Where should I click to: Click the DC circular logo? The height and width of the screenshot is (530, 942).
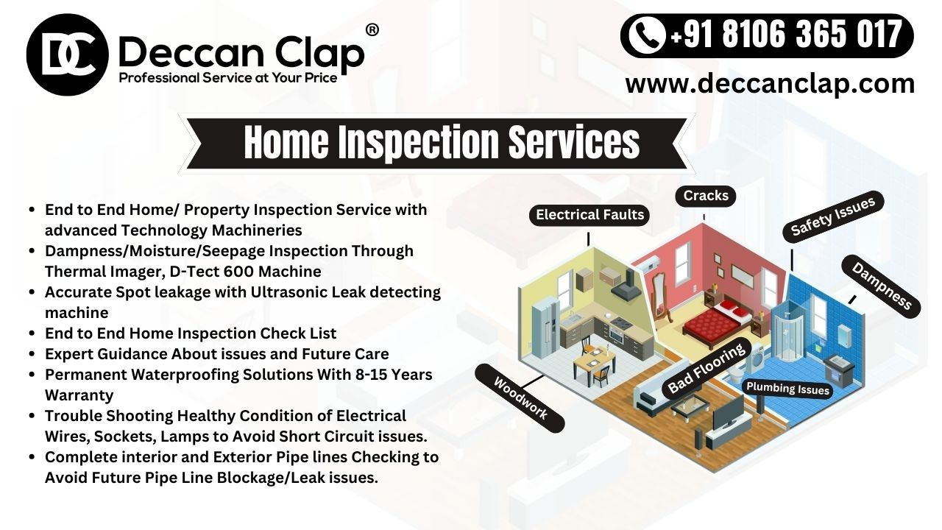pos(67,54)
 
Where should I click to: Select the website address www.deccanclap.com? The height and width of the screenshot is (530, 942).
pos(770,83)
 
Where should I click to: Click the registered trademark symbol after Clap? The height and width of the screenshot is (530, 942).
pos(372,30)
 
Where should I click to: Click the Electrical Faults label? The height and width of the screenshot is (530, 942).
pos(589,215)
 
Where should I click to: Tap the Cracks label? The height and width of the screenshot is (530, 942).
pos(705,196)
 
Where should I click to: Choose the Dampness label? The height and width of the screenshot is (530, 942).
pos(881,286)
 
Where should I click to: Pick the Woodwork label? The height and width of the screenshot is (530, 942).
pos(520,398)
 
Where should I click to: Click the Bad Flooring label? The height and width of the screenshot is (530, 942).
pos(706,369)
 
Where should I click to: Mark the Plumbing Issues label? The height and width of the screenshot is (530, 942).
pos(787,389)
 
